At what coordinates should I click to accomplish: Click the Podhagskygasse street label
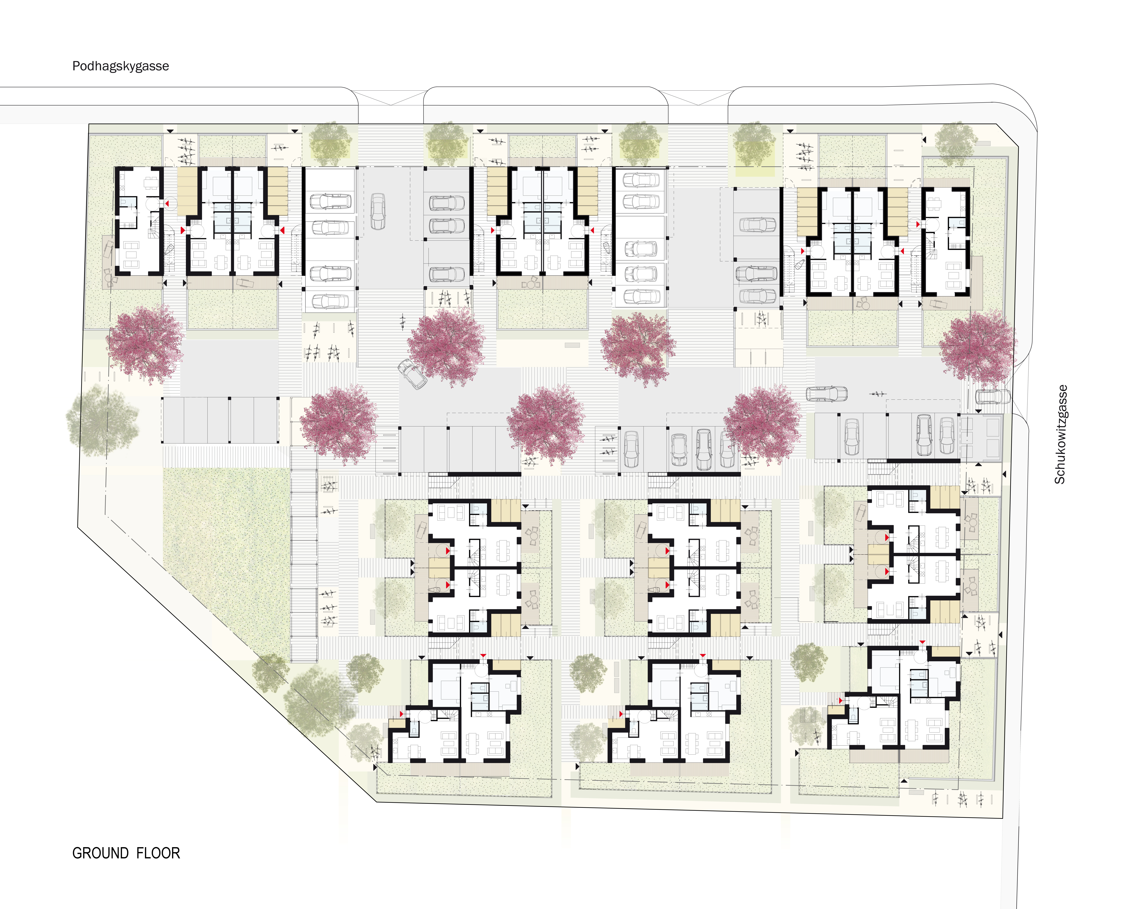[x=120, y=66]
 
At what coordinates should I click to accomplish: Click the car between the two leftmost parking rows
[x=378, y=211]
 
